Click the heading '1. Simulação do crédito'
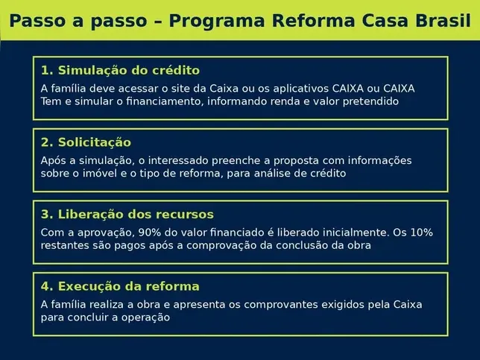pyautogui.click(x=120, y=71)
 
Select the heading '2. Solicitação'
pyautogui.click(x=86, y=142)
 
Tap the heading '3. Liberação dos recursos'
pyautogui.click(x=127, y=215)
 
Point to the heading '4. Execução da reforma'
pyautogui.click(x=120, y=286)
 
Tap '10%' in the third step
pyautogui.click(x=420, y=233)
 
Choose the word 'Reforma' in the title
pyautogui.click(x=311, y=20)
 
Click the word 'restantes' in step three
pyautogui.click(x=65, y=245)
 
